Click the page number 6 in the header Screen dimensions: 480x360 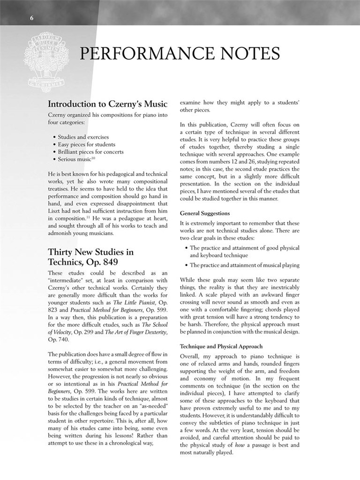click(x=32, y=18)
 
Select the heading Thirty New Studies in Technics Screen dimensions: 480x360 click(x=90, y=257)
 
